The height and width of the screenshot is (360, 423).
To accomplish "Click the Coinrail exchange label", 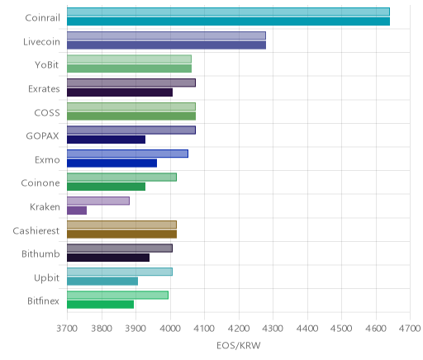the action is click(x=42, y=18).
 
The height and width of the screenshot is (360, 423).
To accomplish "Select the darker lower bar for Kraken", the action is click(x=77, y=211).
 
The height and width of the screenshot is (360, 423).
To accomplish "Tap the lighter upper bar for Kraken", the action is click(x=98, y=201).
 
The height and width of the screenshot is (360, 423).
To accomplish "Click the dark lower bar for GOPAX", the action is click(x=107, y=140).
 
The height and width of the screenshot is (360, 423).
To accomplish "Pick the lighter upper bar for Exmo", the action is click(x=128, y=154).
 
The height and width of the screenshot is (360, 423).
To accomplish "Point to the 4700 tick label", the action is click(x=410, y=329).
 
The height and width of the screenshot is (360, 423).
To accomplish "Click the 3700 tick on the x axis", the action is click(x=67, y=329).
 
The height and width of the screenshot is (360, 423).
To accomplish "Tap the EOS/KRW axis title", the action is click(x=239, y=346).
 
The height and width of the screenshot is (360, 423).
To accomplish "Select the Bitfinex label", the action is click(x=43, y=301).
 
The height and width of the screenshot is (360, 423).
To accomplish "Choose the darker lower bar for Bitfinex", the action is click(x=101, y=305).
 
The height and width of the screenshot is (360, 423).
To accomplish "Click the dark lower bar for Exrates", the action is click(x=120, y=92).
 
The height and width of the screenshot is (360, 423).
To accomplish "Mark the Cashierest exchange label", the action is click(x=36, y=230).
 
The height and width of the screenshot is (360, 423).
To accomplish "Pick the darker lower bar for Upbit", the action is click(x=102, y=282).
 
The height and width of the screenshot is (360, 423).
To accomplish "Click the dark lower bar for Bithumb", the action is click(x=108, y=258).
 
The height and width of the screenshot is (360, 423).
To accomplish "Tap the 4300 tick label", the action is click(x=273, y=329).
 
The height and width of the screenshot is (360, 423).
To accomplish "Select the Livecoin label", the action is click(x=41, y=42).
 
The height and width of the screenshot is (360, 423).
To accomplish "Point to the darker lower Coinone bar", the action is click(x=107, y=187).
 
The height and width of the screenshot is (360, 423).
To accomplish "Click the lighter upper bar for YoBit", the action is click(x=130, y=59).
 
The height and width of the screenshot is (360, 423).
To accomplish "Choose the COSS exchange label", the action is click(x=47, y=113).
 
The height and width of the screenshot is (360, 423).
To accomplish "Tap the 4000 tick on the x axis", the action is click(x=170, y=329).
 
